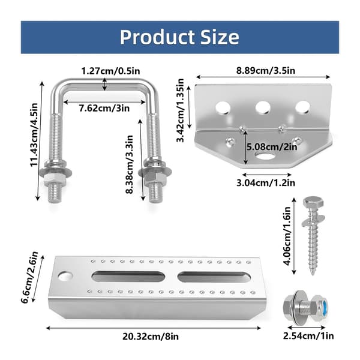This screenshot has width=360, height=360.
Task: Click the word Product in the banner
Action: click(157, 37)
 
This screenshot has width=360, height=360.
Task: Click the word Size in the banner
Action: click(220, 37)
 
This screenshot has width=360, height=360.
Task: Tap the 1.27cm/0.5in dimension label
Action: click(110, 71)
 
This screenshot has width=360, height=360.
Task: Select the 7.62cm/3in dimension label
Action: click(104, 108)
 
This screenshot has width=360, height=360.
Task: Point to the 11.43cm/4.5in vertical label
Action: click(34, 135)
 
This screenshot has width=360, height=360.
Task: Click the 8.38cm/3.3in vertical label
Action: click(130, 164)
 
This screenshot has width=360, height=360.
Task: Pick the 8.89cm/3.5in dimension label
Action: click(266, 70)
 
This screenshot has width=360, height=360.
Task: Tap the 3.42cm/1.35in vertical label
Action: click(180, 110)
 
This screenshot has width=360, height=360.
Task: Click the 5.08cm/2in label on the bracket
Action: click(272, 147)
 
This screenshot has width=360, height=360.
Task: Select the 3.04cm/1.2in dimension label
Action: click(266, 183)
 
